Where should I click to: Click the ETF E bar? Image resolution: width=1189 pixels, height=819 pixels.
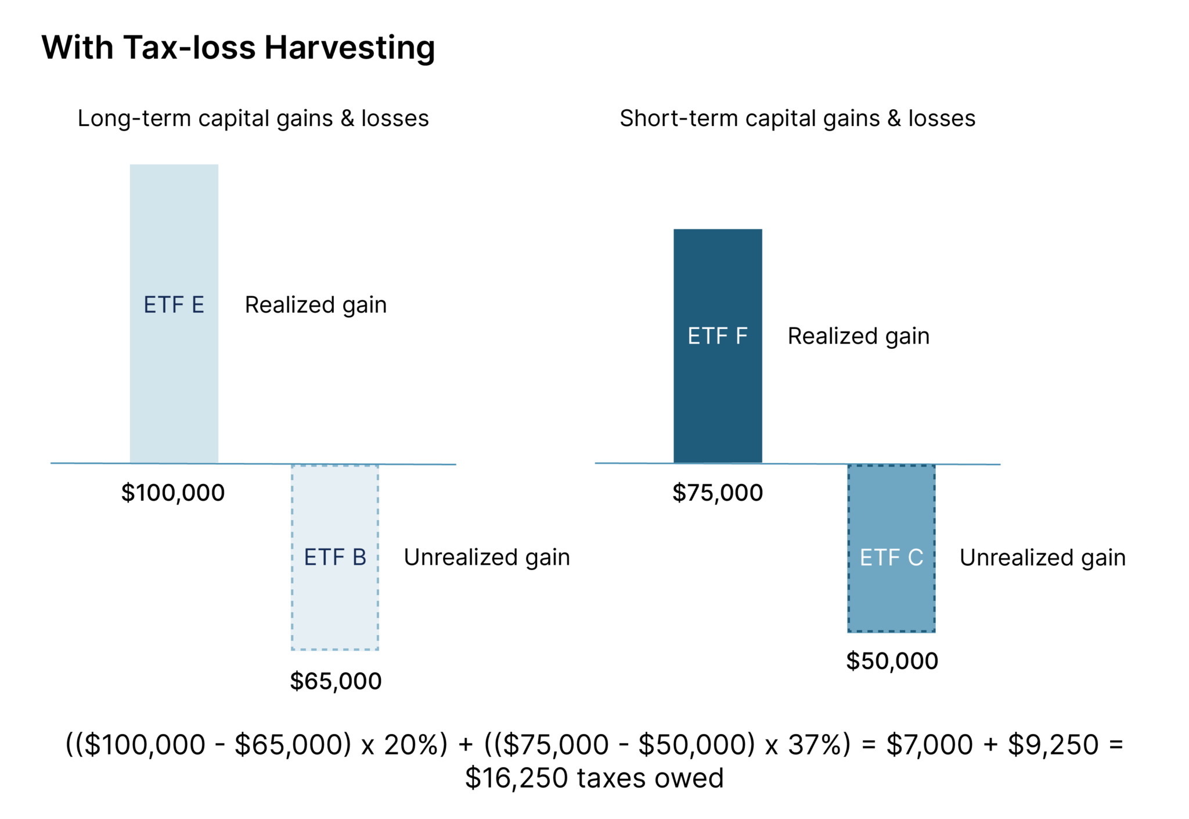click(x=174, y=313)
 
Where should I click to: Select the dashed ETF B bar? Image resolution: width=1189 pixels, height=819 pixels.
click(x=335, y=557)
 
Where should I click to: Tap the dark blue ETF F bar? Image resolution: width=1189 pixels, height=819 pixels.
click(x=718, y=346)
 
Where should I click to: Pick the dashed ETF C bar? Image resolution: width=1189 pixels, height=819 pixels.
click(x=891, y=548)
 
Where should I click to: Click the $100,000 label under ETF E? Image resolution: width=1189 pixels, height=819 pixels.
click(x=172, y=493)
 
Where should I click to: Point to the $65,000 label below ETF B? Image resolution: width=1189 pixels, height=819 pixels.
click(x=336, y=681)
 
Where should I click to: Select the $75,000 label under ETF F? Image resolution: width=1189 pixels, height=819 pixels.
click(x=718, y=493)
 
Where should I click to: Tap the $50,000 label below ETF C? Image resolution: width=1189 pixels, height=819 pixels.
click(x=892, y=661)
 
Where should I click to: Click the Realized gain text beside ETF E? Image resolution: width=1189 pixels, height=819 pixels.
click(x=315, y=305)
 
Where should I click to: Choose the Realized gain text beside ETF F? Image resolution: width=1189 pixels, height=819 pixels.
click(x=858, y=337)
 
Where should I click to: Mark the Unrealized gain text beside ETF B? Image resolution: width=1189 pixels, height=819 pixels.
click(x=487, y=557)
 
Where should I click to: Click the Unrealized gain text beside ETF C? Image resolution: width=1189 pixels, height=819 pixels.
click(x=1042, y=558)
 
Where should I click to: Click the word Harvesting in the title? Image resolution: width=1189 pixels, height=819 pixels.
click(x=350, y=48)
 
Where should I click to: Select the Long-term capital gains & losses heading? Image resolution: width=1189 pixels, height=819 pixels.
click(x=253, y=118)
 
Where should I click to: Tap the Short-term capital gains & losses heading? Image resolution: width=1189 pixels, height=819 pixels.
click(x=797, y=118)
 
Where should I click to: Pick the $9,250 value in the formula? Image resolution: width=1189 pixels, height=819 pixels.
click(x=1053, y=745)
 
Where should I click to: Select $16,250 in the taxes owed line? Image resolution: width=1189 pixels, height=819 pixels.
click(x=516, y=778)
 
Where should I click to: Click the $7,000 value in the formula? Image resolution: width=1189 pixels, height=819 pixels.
click(x=929, y=745)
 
